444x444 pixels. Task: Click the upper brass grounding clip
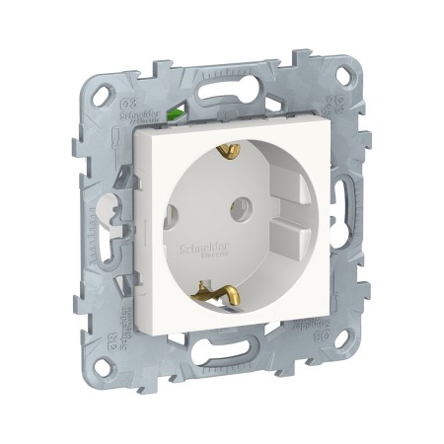230,151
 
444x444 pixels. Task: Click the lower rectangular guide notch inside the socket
288,238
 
